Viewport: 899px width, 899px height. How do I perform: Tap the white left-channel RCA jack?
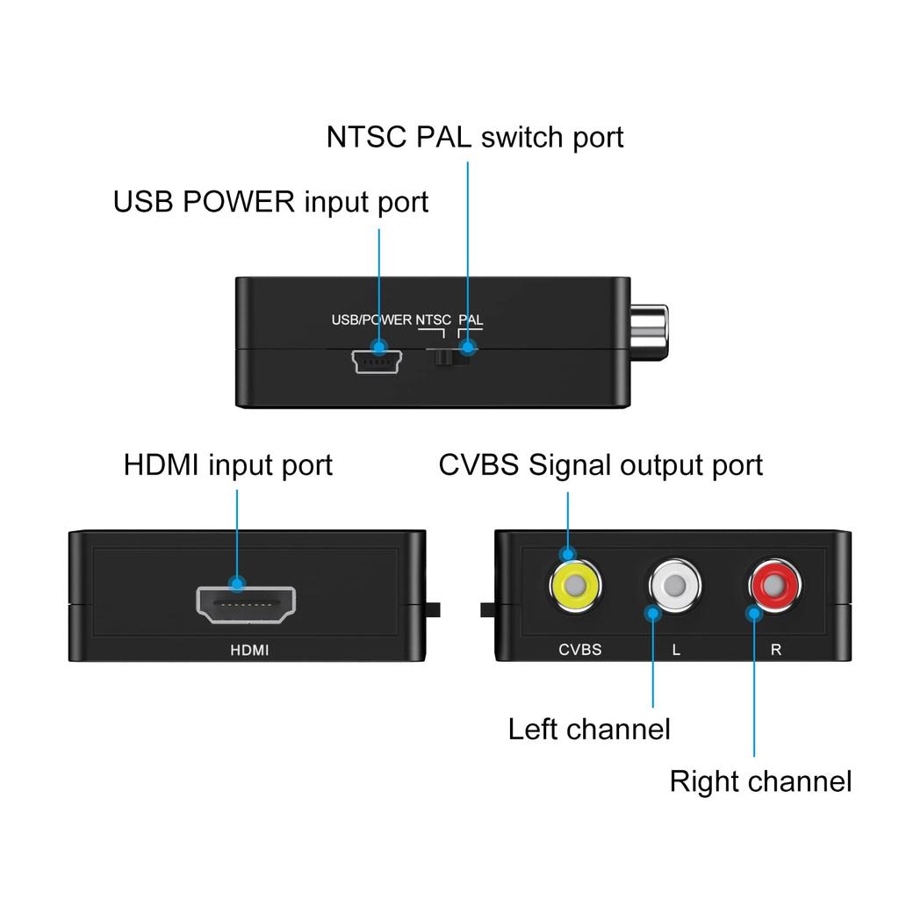click(x=675, y=584)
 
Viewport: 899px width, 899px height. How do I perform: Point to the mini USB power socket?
click(x=378, y=361)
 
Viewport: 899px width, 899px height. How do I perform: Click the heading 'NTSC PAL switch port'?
click(x=475, y=138)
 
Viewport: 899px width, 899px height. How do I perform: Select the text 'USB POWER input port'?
click(x=270, y=202)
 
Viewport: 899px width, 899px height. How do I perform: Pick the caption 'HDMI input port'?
click(x=227, y=464)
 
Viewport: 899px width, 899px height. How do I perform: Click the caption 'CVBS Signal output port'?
click(x=601, y=464)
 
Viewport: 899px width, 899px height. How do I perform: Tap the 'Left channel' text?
click(x=589, y=729)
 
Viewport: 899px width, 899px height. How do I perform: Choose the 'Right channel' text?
click(x=760, y=781)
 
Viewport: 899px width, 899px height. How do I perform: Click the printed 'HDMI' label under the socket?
click(x=249, y=651)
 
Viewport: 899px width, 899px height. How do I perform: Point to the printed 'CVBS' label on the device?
click(x=580, y=651)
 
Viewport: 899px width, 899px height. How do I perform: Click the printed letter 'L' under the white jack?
click(x=675, y=651)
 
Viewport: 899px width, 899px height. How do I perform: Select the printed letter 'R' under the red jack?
click(x=775, y=651)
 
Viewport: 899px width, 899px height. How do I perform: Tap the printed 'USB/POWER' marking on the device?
click(x=371, y=320)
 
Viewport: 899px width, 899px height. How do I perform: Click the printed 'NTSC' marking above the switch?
click(x=434, y=320)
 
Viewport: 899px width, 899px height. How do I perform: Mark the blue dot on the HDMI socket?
click(x=237, y=582)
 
